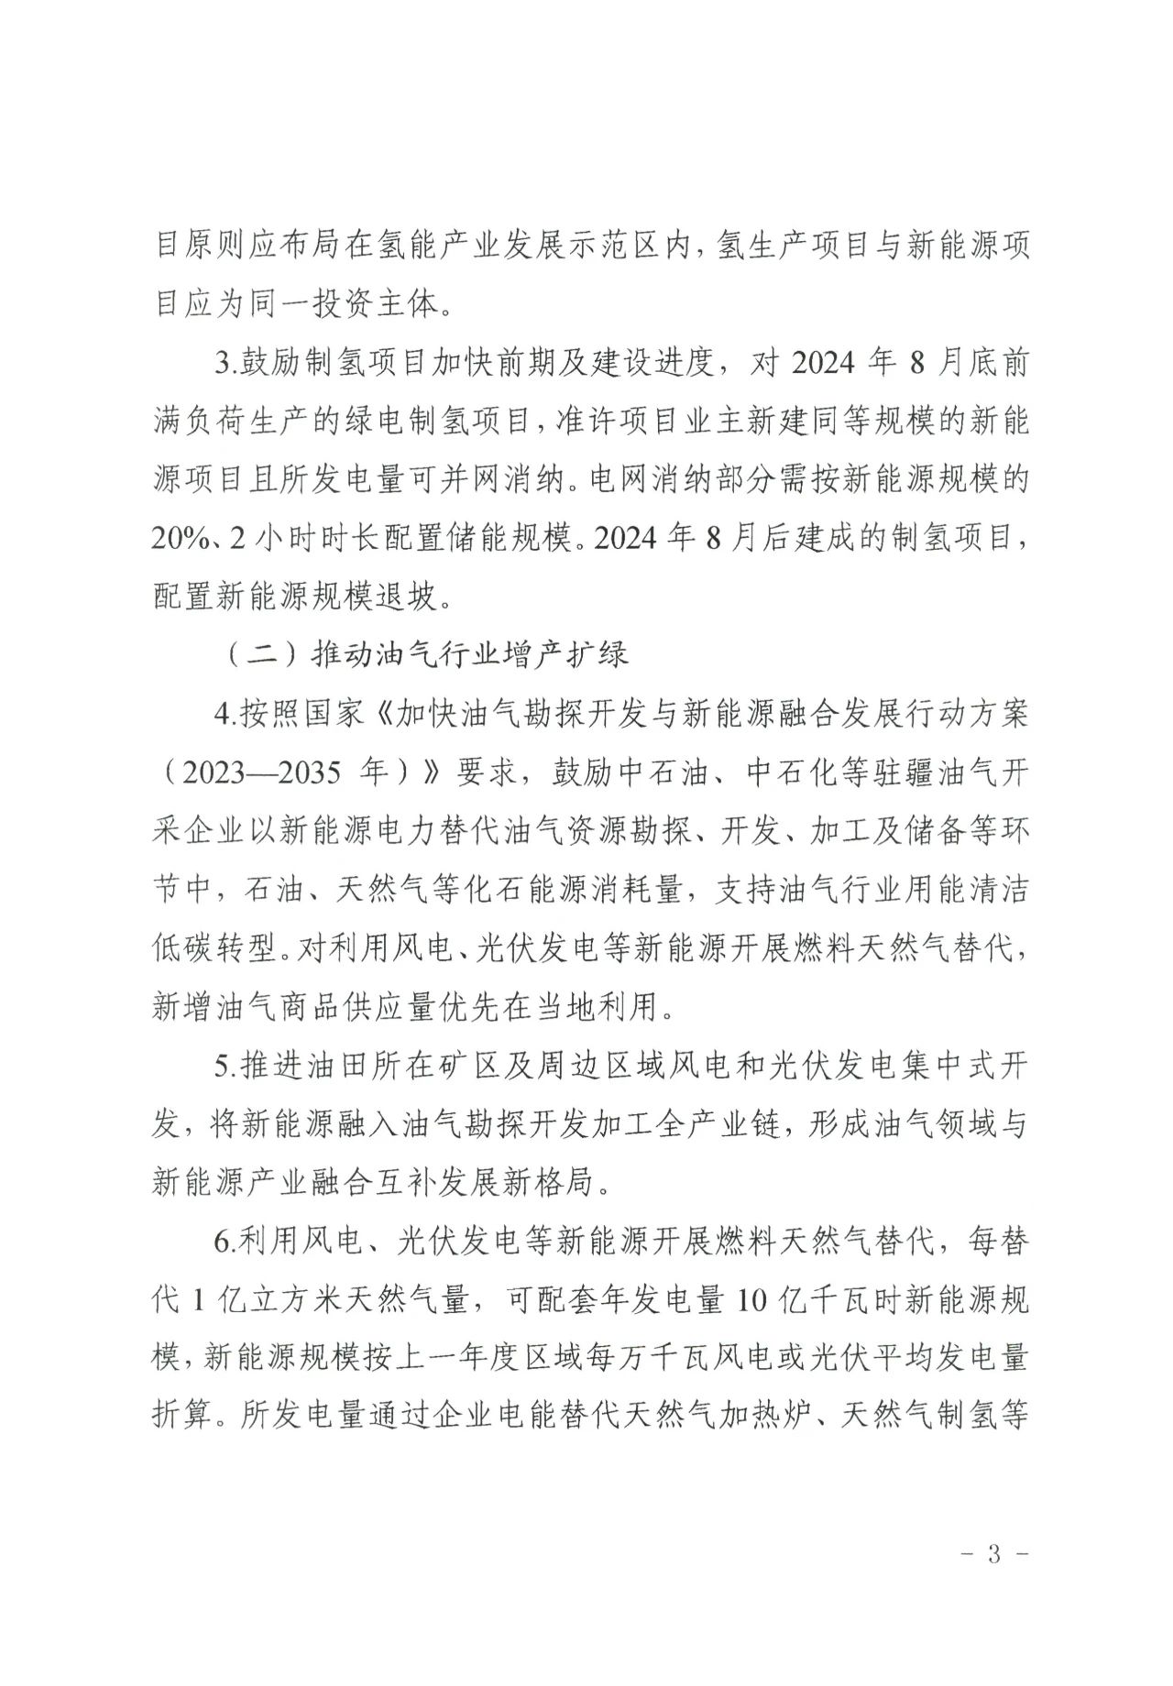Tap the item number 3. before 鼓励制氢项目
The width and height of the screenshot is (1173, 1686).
point(226,363)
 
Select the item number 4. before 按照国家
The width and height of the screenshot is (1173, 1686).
point(226,714)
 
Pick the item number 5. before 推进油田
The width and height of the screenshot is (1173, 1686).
point(226,1066)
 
